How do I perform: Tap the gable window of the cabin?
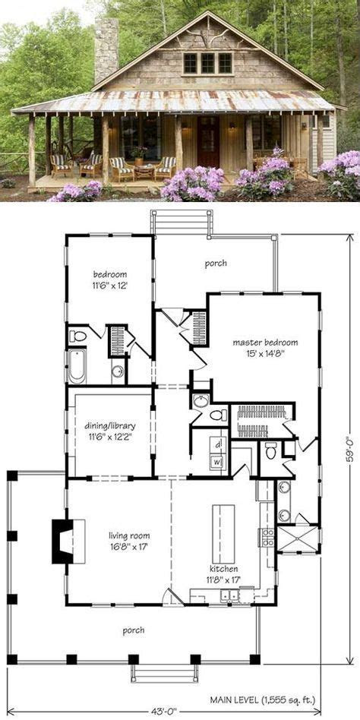[207, 63]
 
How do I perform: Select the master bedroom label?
[265, 348]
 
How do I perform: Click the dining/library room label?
[112, 441]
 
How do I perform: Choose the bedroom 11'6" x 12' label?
[110, 279]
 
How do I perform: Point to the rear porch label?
[215, 264]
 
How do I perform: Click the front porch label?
[132, 630]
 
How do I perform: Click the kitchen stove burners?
[268, 537]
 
